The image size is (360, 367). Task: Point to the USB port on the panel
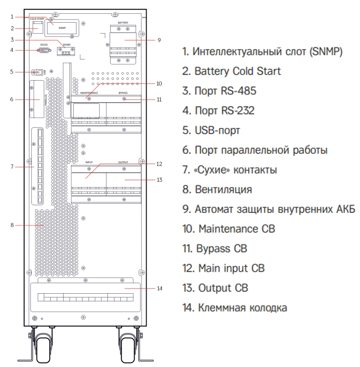pos(39,72)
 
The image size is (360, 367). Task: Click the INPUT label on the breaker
pos(89,162)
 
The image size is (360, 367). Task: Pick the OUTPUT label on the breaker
pos(123,162)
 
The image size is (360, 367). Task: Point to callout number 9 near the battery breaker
pos(159,40)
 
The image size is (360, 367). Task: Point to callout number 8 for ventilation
pos(13,225)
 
